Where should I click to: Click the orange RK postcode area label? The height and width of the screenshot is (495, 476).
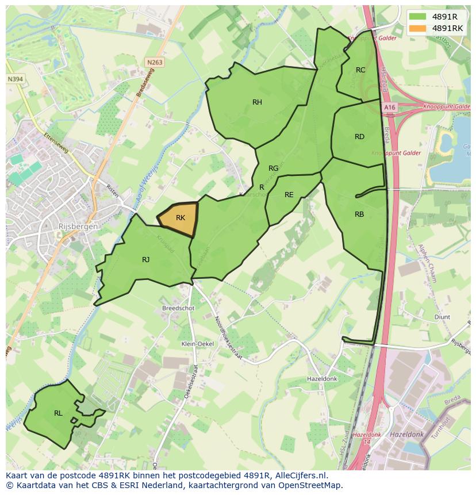(x=181, y=218)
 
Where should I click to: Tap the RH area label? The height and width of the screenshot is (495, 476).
(x=257, y=102)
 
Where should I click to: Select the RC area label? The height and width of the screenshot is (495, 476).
(x=360, y=70)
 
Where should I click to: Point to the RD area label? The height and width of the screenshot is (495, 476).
(x=359, y=137)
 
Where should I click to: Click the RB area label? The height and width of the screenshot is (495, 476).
(x=359, y=214)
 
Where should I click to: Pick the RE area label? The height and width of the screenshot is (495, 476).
(x=289, y=195)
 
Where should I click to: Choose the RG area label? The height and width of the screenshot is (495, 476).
(x=273, y=168)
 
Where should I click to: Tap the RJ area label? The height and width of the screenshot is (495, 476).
(x=146, y=260)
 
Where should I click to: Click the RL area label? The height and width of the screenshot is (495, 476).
(x=58, y=413)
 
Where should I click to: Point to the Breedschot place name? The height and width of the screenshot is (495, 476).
(x=178, y=308)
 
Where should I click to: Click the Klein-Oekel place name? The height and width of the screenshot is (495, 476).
(x=197, y=344)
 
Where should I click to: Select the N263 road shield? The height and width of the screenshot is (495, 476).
(x=154, y=62)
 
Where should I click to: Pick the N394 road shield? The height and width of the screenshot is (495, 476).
(x=16, y=79)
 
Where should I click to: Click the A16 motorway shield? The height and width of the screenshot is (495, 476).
(x=390, y=107)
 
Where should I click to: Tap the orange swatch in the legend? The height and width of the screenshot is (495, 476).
(x=418, y=28)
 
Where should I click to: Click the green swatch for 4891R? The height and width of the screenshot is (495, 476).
(x=418, y=16)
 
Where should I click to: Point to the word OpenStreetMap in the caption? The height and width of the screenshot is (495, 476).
(x=313, y=485)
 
